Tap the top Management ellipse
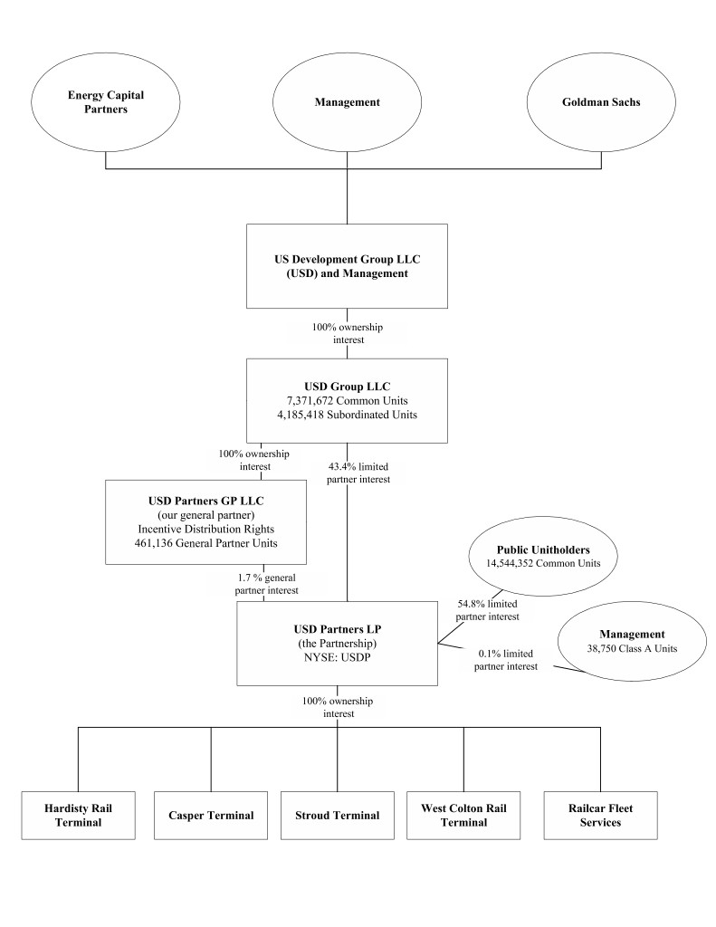(x=347, y=102)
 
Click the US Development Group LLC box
(x=348, y=265)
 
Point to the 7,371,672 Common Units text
(x=348, y=401)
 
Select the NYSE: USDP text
(x=337, y=657)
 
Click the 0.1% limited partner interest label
(x=507, y=659)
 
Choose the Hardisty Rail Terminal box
(x=78, y=815)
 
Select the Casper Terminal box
(x=211, y=815)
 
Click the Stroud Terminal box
(x=338, y=815)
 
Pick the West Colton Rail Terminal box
(x=463, y=815)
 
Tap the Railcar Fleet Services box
(x=600, y=815)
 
